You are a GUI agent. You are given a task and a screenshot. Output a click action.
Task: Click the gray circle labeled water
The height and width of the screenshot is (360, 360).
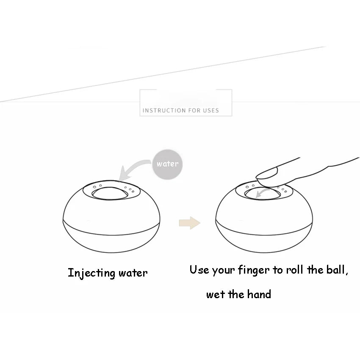pyautogui.click(x=167, y=164)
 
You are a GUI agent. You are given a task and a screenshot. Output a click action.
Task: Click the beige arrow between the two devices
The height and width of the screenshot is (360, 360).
pyautogui.click(x=190, y=223)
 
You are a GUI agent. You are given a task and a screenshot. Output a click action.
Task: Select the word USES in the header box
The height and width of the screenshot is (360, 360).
pyautogui.click(x=211, y=111)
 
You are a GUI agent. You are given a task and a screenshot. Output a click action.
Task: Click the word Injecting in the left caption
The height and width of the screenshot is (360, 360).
pyautogui.click(x=91, y=273)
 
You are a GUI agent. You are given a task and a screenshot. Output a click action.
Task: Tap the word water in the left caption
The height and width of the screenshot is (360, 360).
pyautogui.click(x=133, y=273)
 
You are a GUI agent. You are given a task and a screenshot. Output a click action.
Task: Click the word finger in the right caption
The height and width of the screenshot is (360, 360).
pyautogui.click(x=253, y=270)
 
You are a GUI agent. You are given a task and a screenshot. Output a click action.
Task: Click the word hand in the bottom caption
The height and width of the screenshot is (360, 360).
pyautogui.click(x=259, y=294)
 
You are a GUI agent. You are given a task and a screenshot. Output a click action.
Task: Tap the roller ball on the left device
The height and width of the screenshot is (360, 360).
pyautogui.click(x=110, y=193)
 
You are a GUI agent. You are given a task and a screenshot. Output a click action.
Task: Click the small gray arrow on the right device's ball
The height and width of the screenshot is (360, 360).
pyautogui.click(x=262, y=193)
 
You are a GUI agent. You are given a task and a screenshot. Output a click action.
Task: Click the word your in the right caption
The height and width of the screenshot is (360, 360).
pyautogui.click(x=223, y=271)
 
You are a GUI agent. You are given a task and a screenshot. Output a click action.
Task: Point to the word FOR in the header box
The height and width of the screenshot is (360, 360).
pyautogui.click(x=194, y=111)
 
